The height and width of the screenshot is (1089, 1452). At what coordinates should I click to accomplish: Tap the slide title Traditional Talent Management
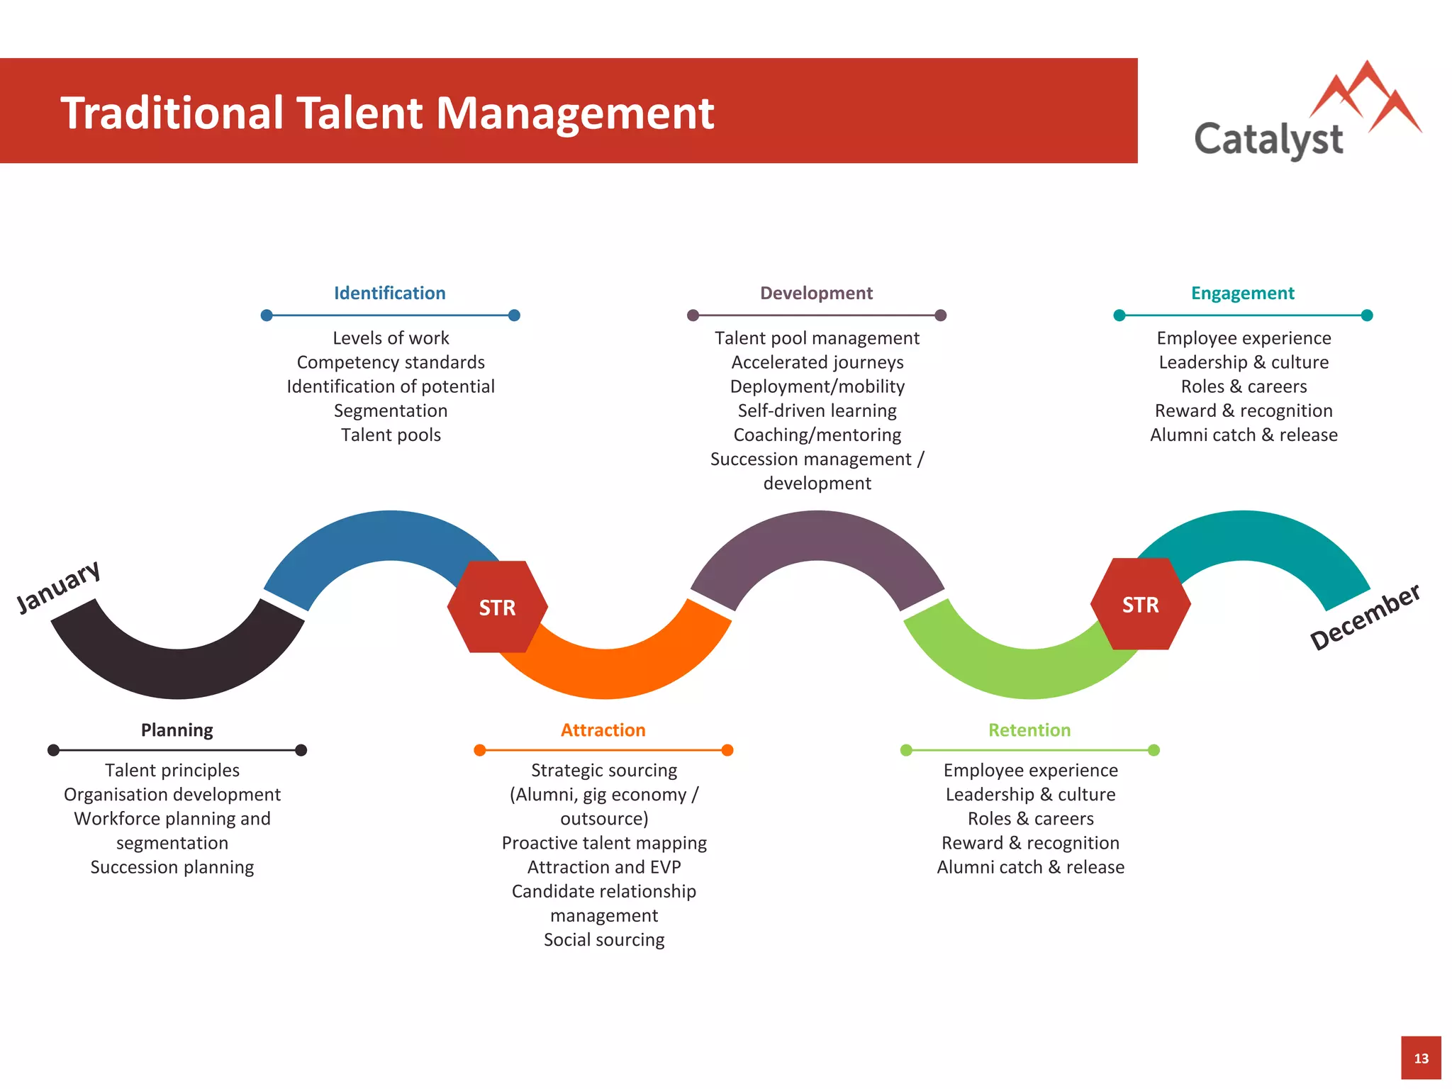click(x=387, y=113)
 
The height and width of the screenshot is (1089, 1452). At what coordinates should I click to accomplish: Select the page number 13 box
click(x=1421, y=1058)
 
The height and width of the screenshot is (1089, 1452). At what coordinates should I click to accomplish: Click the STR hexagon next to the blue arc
click(x=497, y=607)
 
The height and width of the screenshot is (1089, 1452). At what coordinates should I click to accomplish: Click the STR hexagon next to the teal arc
click(x=1140, y=604)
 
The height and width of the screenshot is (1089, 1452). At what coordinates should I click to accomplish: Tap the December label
click(x=1364, y=616)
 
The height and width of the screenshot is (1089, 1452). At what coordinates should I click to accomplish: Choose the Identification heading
click(x=390, y=293)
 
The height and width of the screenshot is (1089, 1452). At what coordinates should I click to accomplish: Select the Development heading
click(x=816, y=293)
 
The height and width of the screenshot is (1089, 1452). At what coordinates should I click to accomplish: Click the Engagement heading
click(x=1242, y=293)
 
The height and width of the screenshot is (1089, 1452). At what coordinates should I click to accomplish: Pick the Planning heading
click(x=177, y=730)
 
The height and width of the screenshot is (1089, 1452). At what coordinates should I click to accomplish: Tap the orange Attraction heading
click(x=603, y=730)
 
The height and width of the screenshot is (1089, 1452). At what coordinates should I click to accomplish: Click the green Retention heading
click(x=1029, y=730)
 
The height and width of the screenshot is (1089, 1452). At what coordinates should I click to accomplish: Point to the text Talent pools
click(x=391, y=435)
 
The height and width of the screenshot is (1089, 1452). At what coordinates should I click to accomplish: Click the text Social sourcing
click(x=604, y=939)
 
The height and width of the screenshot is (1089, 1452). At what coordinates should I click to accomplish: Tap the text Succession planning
click(x=172, y=867)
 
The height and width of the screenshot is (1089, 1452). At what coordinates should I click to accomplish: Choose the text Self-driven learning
click(x=817, y=411)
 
